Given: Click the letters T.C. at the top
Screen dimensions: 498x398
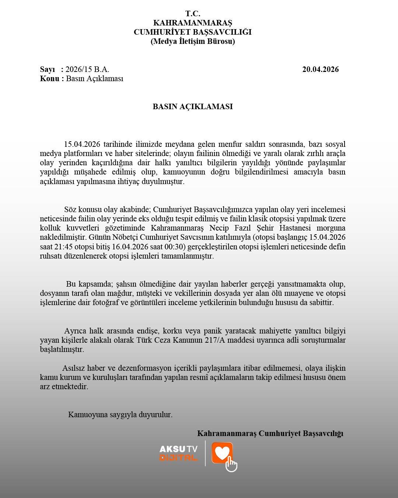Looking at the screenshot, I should pos(193,14).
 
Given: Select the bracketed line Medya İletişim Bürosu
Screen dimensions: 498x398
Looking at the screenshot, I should pos(193,41).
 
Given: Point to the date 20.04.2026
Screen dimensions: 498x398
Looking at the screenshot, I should pos(320,69).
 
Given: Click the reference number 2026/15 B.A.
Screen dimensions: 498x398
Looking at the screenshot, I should pos(87,69).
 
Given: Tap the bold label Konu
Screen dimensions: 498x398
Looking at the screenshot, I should pos(49,79).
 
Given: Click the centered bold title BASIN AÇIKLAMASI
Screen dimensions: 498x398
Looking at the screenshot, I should pos(193,107).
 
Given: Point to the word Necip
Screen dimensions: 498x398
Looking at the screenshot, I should pos(219,228).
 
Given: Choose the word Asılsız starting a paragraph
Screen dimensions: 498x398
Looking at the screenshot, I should pos(74,368).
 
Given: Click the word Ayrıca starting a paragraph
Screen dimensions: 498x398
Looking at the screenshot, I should pos(75,331).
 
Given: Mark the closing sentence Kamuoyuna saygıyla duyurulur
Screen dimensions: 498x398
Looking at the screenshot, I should pos(120,414).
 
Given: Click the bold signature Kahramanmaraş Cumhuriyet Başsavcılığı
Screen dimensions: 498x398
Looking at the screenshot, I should pos(270,433).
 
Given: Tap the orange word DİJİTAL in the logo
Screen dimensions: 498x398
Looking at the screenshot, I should pos(178,458).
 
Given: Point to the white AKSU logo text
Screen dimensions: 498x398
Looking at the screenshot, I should pos(172,449).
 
